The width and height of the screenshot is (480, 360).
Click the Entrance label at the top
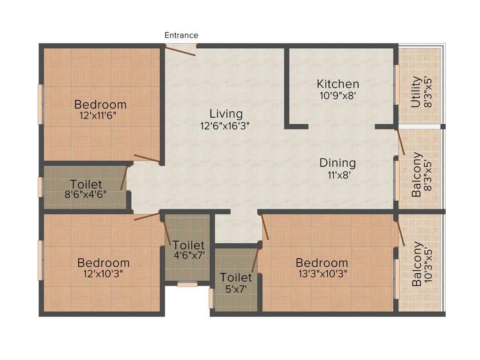click(181, 35)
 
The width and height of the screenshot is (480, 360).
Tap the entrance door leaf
click(180, 51)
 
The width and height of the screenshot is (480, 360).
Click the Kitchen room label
click(338, 84)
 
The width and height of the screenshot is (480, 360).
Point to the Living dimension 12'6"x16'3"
click(226, 126)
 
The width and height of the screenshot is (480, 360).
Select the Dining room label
click(337, 163)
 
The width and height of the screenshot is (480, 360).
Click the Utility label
click(416, 92)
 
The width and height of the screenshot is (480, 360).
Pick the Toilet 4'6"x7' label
click(188, 245)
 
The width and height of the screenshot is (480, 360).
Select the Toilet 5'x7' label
click(236, 277)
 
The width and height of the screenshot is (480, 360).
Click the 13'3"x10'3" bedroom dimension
click(322, 274)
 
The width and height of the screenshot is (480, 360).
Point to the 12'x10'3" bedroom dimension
click(103, 274)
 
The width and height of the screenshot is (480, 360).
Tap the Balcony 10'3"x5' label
click(416, 264)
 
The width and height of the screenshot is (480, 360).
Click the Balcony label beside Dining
click(416, 174)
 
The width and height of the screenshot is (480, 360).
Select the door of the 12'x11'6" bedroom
click(147, 158)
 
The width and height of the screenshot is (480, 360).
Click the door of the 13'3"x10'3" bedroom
click(265, 227)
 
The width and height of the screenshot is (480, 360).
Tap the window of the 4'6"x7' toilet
click(187, 284)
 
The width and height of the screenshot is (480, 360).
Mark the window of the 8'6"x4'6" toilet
click(40, 187)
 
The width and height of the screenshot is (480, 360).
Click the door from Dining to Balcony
click(401, 142)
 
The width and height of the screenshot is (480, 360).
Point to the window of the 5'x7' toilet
click(211, 298)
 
